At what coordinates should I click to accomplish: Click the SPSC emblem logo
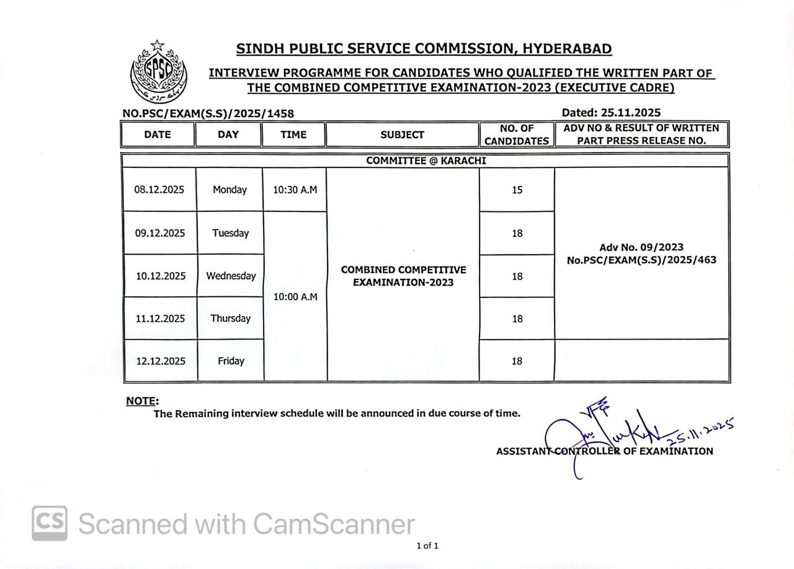coord(158,72)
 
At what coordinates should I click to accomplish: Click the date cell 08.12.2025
coord(159,190)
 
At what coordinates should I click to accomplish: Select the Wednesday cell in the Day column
coord(231,276)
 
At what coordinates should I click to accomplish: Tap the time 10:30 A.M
coord(295,190)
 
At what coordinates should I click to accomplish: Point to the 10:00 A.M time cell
coord(295,297)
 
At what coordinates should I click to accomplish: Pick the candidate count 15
coord(517,190)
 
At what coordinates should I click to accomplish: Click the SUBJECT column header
coord(402,135)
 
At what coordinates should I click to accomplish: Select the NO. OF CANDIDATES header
coord(516,135)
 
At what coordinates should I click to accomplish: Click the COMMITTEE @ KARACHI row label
coord(426,161)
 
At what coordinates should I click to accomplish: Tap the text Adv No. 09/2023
coord(641,247)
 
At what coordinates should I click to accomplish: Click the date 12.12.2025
coord(161,361)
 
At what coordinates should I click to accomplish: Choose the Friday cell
coord(231,361)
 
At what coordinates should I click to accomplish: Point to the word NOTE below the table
coord(141,401)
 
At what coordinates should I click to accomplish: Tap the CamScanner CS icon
coord(50,523)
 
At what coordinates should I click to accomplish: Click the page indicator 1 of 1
coord(427,546)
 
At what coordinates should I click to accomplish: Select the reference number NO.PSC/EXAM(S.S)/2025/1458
coord(208,113)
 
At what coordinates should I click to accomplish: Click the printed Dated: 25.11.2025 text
coord(610,113)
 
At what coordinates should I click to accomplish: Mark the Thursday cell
coord(230,318)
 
